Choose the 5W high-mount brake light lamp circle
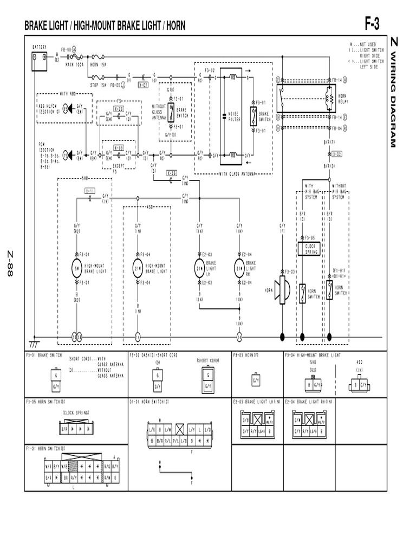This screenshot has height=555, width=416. pyautogui.click(x=77, y=268)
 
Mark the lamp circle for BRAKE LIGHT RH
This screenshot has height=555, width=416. pyautogui.click(x=239, y=268)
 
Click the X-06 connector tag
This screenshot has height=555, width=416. pyautogui.click(x=171, y=173)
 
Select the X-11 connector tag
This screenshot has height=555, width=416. pyautogui.click(x=90, y=191)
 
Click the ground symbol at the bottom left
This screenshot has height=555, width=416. pyautogui.click(x=34, y=344)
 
